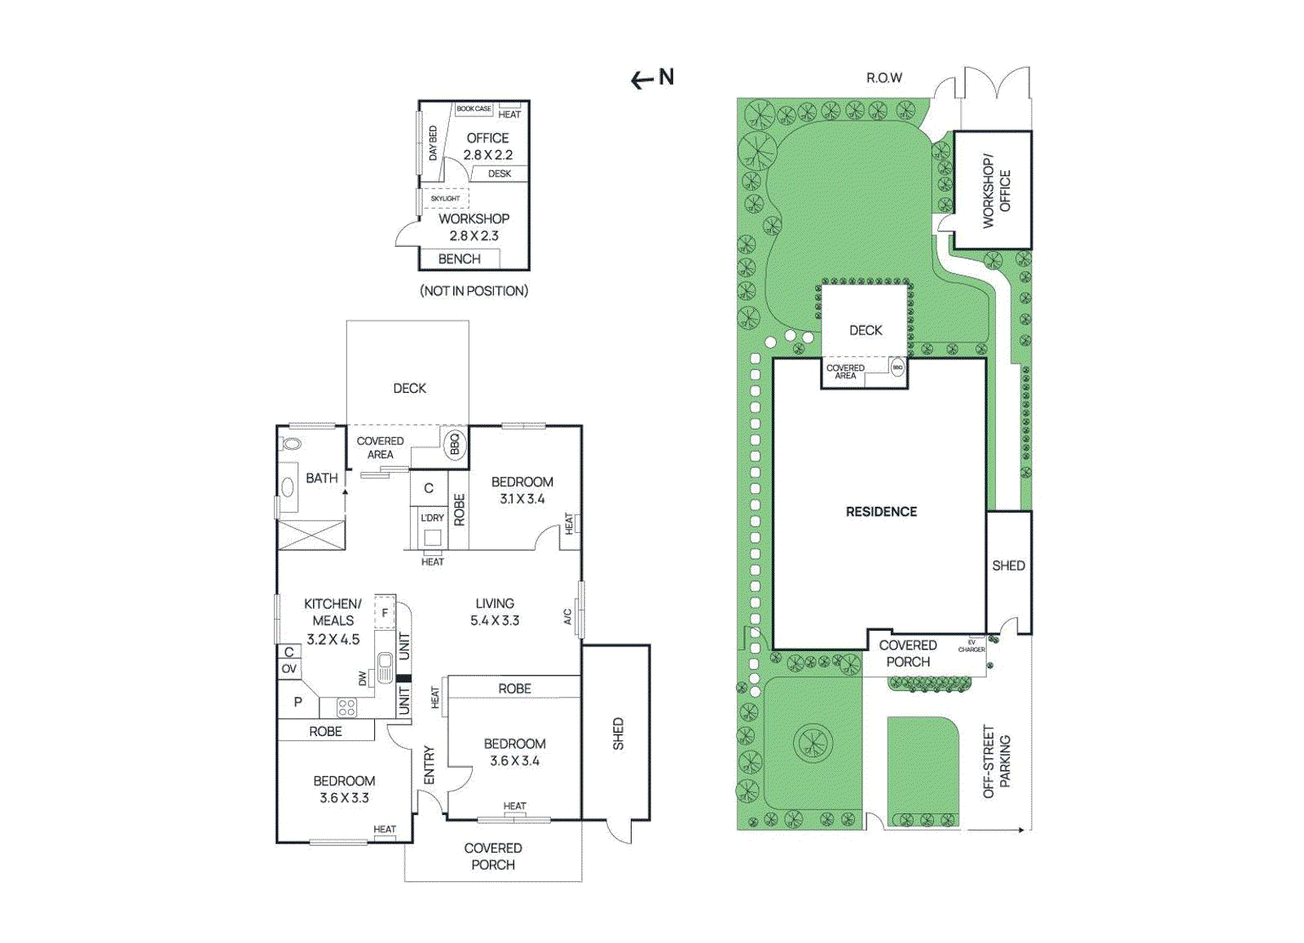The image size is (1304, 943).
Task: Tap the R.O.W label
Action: point(883,78)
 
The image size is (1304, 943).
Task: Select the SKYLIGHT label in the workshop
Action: point(445,198)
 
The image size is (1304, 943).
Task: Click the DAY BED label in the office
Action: point(433,143)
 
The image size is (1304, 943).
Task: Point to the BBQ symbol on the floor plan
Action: point(455,443)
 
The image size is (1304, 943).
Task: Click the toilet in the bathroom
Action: point(290,444)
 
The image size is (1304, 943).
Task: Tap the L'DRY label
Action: point(432,518)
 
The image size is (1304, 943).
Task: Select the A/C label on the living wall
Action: point(568,617)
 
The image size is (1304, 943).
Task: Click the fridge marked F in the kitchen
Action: point(385,613)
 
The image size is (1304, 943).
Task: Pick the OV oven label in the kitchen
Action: point(289,669)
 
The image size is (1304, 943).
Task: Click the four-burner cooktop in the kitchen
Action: point(346,707)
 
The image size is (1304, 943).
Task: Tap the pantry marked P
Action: point(297,702)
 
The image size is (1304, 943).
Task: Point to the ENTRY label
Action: point(430,765)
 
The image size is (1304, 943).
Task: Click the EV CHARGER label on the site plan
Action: point(971,646)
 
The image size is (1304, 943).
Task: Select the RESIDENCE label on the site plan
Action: point(881,512)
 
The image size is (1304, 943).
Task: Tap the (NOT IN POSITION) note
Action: point(474,291)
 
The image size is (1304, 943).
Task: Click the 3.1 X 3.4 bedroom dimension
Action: point(522,499)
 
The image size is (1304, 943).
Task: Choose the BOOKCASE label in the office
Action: point(474,108)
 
